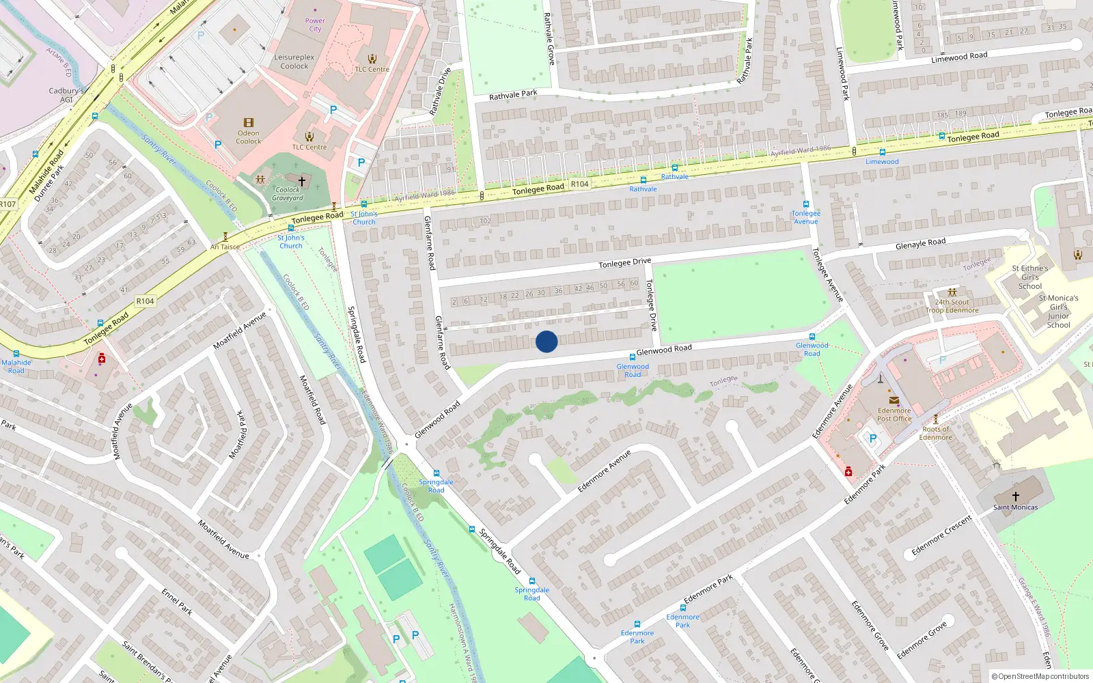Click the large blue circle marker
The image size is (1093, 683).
pyautogui.click(x=546, y=341)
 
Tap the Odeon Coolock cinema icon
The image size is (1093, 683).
pyautogui.click(x=248, y=123)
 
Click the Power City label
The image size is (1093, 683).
pyautogui.click(x=315, y=25)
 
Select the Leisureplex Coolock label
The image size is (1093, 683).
pyautogui.click(x=294, y=61)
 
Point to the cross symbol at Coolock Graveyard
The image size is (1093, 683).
pyautogui.click(x=301, y=182)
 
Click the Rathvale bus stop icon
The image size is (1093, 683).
pyautogui.click(x=643, y=180)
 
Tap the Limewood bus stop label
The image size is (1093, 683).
pyautogui.click(x=882, y=162)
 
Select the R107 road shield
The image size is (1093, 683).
pyautogui.click(x=7, y=204)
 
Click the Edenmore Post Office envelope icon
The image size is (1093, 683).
pyautogui.click(x=894, y=400)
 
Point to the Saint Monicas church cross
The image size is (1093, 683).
pyautogui.click(x=1015, y=497)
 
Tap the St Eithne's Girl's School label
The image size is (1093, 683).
pyautogui.click(x=1030, y=277)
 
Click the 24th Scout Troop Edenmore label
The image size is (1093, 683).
pyautogui.click(x=952, y=306)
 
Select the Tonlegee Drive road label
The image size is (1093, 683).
pyautogui.click(x=624, y=262)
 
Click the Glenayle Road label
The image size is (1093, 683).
pyautogui.click(x=920, y=244)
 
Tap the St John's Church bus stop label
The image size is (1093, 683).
pyautogui.click(x=363, y=218)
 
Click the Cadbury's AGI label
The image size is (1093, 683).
pyautogui.click(x=66, y=95)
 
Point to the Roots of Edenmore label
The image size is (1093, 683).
pyautogui.click(x=935, y=433)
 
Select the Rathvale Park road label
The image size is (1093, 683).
pyautogui.click(x=513, y=95)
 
